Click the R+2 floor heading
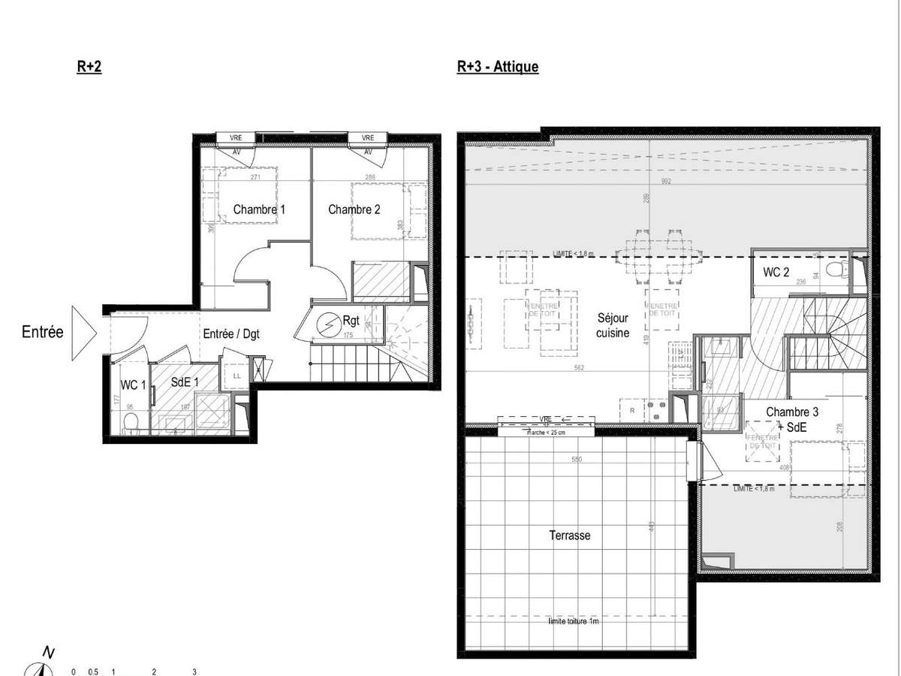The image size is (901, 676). tap(89, 66)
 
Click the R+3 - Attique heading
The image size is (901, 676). tap(497, 66)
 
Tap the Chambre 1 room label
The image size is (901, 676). tap(259, 210)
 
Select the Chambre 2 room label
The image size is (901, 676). tap(354, 210)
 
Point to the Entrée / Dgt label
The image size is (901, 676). tap(231, 333)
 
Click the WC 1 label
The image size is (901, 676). tap(133, 385)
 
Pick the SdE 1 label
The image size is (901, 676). tap(185, 382)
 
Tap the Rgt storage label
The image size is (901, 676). tap(351, 319)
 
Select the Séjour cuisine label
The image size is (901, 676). tap(613, 324)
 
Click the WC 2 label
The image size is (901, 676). tap(776, 272)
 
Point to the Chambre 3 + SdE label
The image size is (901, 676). tap(787, 418)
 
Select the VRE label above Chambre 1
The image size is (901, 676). tap(236, 138)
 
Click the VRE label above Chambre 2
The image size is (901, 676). tap(367, 138)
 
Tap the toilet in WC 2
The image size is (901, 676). tap(835, 270)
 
